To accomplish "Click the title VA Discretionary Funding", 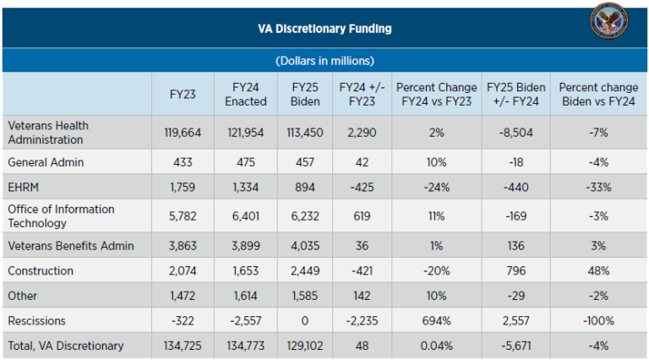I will (x=324, y=29).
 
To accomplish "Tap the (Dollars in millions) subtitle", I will (x=325, y=61).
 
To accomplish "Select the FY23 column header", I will (x=183, y=94).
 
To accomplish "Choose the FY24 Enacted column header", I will (x=246, y=94).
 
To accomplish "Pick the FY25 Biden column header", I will (x=304, y=94).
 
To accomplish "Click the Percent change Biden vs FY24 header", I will (x=598, y=94).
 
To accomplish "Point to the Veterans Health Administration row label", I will (x=48, y=132).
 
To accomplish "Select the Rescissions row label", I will (x=37, y=321).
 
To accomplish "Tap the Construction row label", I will (x=41, y=270).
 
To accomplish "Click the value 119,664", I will (x=183, y=133).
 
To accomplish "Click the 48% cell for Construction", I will (x=598, y=270).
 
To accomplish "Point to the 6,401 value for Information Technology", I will (x=246, y=215).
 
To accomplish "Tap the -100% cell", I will (x=598, y=321).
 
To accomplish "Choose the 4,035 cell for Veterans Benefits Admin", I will (x=304, y=245).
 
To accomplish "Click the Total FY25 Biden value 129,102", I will (x=304, y=346).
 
